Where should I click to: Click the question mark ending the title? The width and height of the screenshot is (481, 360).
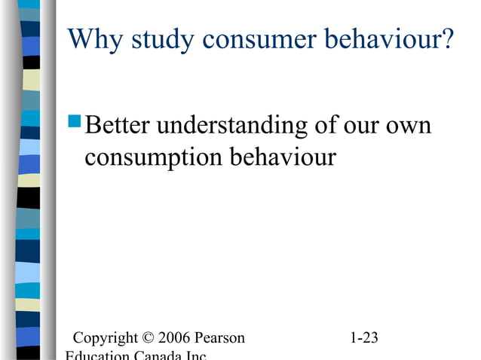point(448,40)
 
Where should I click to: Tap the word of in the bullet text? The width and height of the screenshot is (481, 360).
point(328,126)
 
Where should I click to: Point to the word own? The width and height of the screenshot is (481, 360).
point(410,126)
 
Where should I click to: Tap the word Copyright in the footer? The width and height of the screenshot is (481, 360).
point(104,337)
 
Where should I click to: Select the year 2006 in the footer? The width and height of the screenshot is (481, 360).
point(174,337)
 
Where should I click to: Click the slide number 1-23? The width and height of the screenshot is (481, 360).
point(365,337)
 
